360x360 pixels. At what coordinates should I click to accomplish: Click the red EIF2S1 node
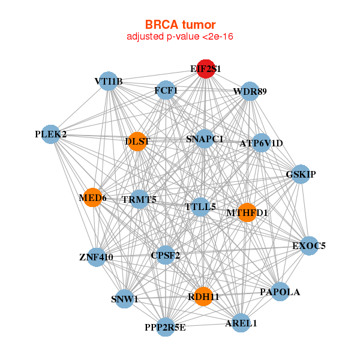pos(206,69)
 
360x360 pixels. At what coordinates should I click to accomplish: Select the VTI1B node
pos(109,81)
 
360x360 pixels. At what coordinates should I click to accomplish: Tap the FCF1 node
pos(166,91)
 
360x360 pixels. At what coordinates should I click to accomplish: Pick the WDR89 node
pos(250,91)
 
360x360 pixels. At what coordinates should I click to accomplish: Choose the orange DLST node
pos(137,142)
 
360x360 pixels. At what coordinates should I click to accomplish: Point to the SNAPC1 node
pos(205,139)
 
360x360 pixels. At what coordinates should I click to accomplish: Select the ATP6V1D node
pos(261,143)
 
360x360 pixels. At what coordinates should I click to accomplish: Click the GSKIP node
pos(301,174)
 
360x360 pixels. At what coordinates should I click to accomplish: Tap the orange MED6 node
pos(92,197)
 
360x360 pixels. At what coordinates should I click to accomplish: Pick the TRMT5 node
pos(139,199)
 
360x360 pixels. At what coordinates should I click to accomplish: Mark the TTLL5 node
pos(200,207)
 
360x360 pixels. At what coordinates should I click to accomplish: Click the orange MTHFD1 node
pos(247,212)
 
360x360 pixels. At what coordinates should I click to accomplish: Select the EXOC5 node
pos(309,245)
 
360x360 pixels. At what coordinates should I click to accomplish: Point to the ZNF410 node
pos(96,257)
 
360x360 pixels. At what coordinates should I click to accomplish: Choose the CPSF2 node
pos(166,255)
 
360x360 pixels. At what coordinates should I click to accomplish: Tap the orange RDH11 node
pos(204,296)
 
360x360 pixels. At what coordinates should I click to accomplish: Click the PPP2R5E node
pos(166,327)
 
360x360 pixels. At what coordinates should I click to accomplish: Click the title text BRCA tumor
pos(180,25)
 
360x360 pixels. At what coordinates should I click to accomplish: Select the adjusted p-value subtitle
pos(180,37)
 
